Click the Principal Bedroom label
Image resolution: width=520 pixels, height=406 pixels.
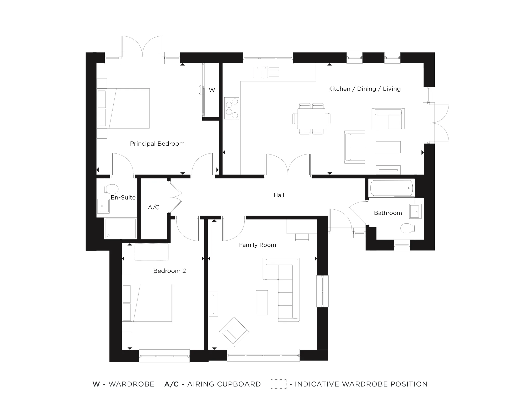[x=157, y=144]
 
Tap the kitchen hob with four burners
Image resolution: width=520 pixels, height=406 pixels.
[x=232, y=108]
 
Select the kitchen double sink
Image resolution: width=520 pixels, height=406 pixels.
[x=260, y=72]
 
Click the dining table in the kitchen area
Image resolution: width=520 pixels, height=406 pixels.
[x=311, y=119]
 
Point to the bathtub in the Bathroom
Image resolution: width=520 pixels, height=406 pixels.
[x=392, y=188]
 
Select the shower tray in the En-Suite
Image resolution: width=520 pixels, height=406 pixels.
[x=120, y=228]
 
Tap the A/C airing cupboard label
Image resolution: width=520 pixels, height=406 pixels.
[x=153, y=207]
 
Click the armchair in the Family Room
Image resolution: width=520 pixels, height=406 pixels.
[x=234, y=332]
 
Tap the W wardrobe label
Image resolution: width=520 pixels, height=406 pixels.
[x=212, y=90]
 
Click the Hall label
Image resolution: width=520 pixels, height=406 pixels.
[x=279, y=195]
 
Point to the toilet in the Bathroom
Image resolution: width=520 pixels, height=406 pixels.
[x=407, y=228]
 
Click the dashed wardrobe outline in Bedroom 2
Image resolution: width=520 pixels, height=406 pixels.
[x=151, y=252]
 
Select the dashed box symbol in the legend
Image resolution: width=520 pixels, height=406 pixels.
[x=278, y=384]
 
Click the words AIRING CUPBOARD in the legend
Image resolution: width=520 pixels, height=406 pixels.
[x=224, y=384]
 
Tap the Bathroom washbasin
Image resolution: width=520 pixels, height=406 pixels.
[x=415, y=211]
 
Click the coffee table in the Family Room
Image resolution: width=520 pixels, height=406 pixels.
[x=262, y=302]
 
